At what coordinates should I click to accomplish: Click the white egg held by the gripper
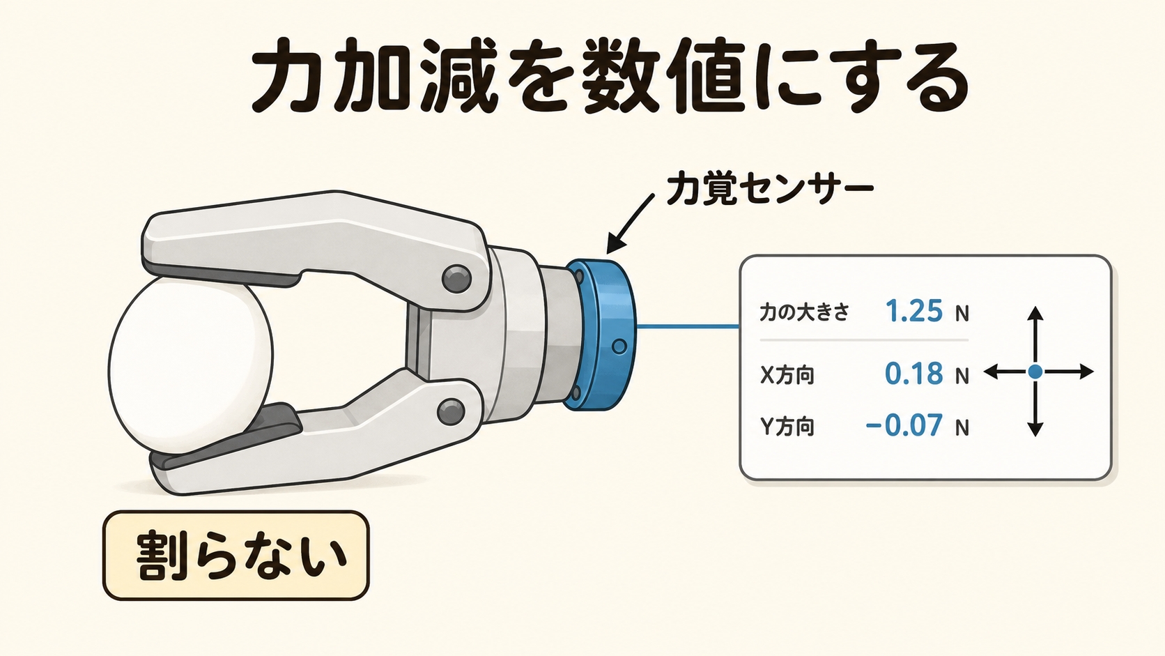point(190,370)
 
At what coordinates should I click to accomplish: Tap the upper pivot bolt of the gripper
point(456,279)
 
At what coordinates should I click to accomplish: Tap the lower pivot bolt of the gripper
point(451,412)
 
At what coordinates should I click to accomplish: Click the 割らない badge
point(236,556)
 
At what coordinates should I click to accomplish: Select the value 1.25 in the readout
point(913,311)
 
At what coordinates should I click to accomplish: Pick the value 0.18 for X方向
point(913,373)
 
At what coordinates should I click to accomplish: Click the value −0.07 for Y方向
point(904,425)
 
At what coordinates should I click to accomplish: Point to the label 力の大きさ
point(804,312)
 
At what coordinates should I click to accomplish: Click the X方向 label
point(787,374)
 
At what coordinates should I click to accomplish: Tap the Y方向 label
point(787,427)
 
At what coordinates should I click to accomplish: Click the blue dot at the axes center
point(1035,372)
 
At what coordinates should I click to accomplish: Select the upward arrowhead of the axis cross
point(1035,313)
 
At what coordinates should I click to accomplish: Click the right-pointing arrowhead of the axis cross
point(1086,372)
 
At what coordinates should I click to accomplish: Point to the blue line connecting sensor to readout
point(688,327)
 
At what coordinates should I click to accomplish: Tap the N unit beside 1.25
point(962,314)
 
